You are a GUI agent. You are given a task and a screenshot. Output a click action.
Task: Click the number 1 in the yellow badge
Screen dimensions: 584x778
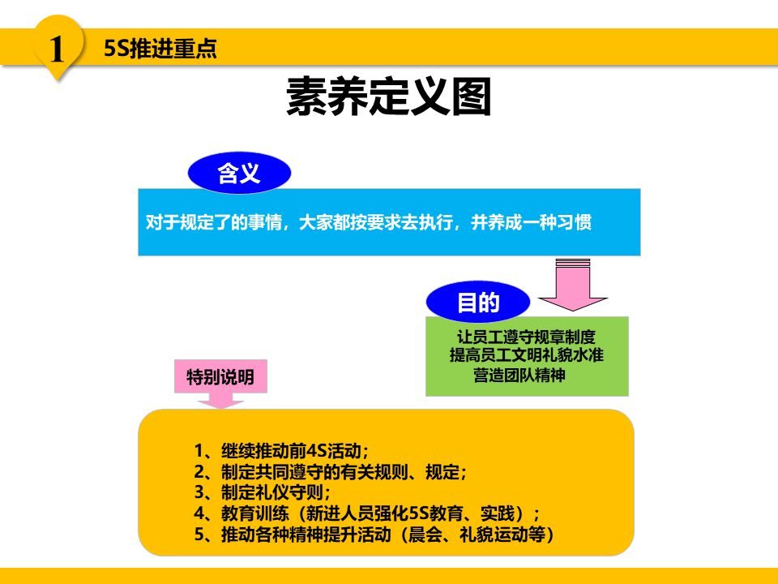(x=57, y=49)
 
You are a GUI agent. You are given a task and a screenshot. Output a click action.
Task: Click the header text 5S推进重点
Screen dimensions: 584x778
(x=160, y=49)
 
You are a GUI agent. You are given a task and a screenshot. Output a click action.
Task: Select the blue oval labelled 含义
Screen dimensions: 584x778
(x=239, y=173)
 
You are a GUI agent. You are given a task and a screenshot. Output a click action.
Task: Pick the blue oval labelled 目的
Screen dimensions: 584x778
(x=478, y=303)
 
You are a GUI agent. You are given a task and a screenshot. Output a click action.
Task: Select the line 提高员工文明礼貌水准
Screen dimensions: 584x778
(x=527, y=355)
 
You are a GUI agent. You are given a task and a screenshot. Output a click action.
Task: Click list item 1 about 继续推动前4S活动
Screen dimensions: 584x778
(x=280, y=451)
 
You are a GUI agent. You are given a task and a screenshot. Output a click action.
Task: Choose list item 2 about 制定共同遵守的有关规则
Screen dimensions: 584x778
(x=331, y=472)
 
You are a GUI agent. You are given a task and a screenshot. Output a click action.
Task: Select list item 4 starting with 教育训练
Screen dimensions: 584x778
(x=366, y=513)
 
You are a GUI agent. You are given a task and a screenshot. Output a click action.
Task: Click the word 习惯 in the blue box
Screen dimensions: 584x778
(x=575, y=222)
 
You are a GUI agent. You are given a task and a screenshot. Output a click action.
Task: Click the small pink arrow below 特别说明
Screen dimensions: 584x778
(x=220, y=400)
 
